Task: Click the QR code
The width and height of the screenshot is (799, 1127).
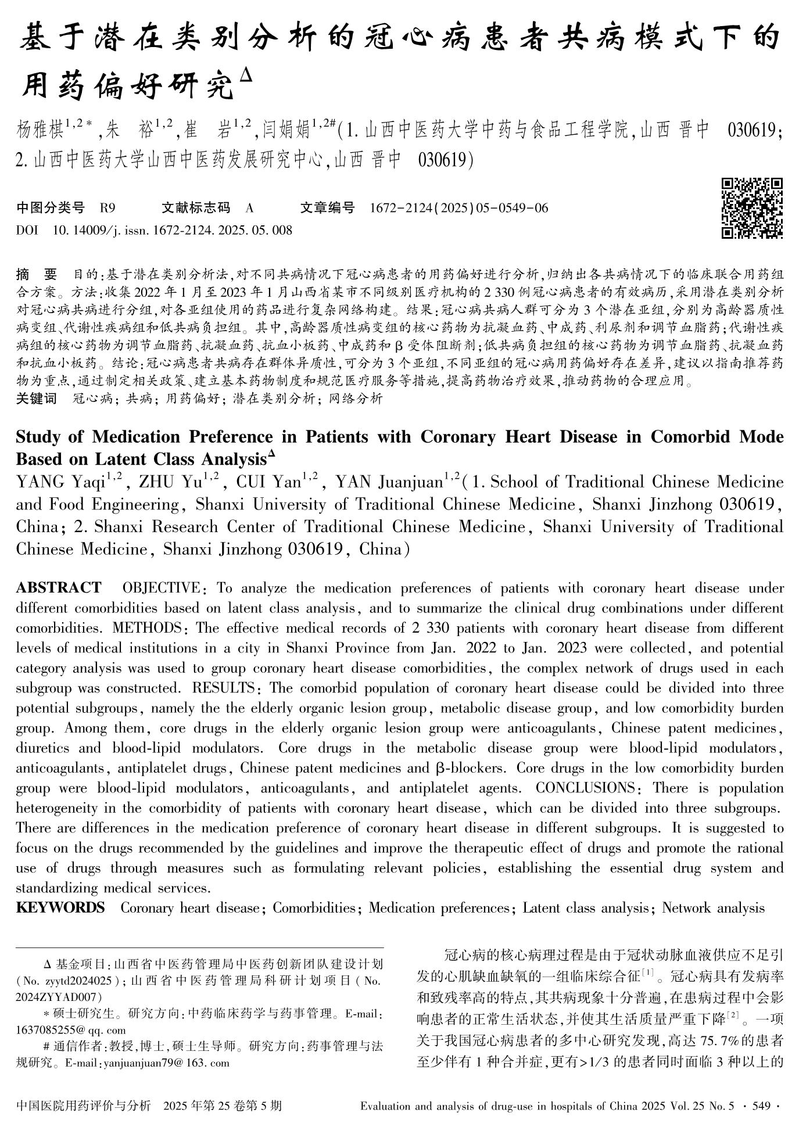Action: (751, 208)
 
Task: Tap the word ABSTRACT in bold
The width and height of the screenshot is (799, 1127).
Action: (58, 588)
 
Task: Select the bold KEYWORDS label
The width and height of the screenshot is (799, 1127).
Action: (60, 907)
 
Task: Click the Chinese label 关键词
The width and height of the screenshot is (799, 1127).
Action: (36, 399)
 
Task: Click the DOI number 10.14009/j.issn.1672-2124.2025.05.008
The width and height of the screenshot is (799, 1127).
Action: (173, 231)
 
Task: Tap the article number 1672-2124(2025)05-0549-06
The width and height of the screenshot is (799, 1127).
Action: (458, 208)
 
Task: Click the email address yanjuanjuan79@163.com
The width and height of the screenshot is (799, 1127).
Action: (163, 1063)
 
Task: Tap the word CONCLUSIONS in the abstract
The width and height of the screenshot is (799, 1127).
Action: (585, 788)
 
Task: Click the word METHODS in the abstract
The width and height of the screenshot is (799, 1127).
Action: (146, 628)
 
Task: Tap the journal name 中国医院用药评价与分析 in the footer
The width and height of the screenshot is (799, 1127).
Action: (84, 1106)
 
